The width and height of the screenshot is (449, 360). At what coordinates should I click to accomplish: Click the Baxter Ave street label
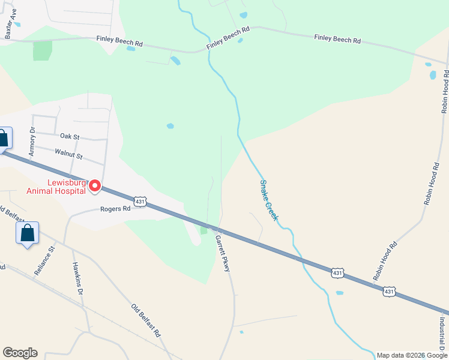tap(8, 24)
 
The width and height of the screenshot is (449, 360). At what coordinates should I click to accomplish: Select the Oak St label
tap(70, 137)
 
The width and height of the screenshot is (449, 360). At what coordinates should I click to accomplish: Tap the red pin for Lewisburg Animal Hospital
tap(94, 187)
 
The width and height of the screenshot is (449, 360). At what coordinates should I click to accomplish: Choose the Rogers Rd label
tap(115, 209)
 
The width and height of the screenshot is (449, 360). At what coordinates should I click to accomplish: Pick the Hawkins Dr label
tap(77, 280)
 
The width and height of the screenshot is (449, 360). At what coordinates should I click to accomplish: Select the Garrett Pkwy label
tap(223, 253)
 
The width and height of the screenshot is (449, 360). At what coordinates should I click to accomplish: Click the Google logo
tap(20, 353)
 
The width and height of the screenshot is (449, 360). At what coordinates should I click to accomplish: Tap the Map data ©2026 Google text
tap(412, 355)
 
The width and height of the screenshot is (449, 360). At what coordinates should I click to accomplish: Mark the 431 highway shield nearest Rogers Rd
tap(140, 200)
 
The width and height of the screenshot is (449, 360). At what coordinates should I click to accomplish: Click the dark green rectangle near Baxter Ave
tap(42, 50)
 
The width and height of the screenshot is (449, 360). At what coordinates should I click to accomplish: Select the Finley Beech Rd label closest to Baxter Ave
tap(119, 43)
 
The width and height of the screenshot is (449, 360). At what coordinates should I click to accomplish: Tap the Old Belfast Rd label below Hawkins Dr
tap(146, 320)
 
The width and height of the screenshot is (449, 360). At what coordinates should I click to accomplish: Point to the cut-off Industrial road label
tap(441, 333)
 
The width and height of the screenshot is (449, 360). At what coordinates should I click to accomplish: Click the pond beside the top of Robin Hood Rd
tap(433, 75)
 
